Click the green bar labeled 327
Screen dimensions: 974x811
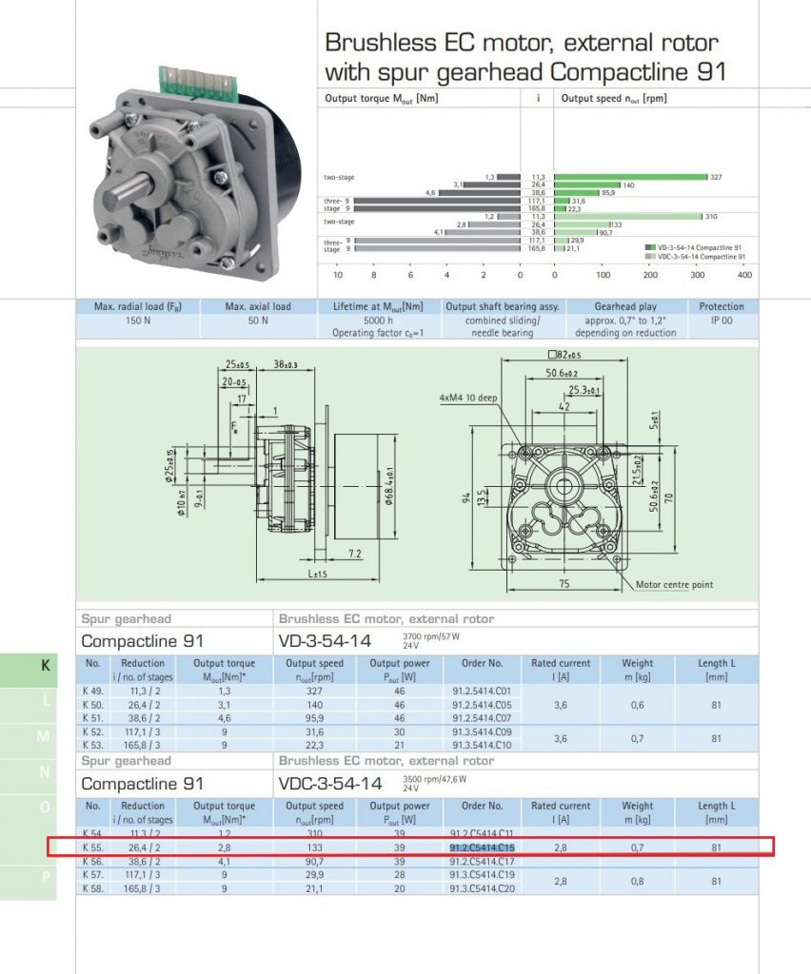[x=630, y=177]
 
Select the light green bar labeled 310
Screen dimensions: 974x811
[x=627, y=217]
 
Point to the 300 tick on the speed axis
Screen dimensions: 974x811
[x=698, y=275]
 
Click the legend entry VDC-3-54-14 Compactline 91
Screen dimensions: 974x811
[x=699, y=256]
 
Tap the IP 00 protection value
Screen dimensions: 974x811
[x=722, y=321]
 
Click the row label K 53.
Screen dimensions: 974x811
[x=92, y=745]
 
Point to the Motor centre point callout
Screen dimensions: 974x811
[x=674, y=584]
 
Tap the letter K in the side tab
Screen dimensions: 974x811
[x=45, y=666]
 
